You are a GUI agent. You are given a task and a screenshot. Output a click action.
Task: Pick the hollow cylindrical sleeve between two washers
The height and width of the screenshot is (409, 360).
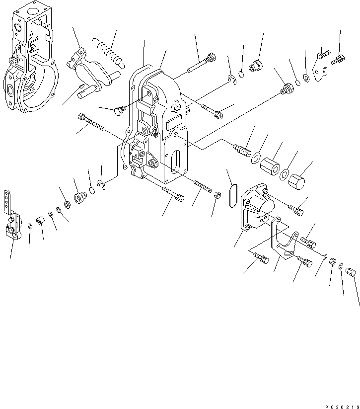pos(271,165)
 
